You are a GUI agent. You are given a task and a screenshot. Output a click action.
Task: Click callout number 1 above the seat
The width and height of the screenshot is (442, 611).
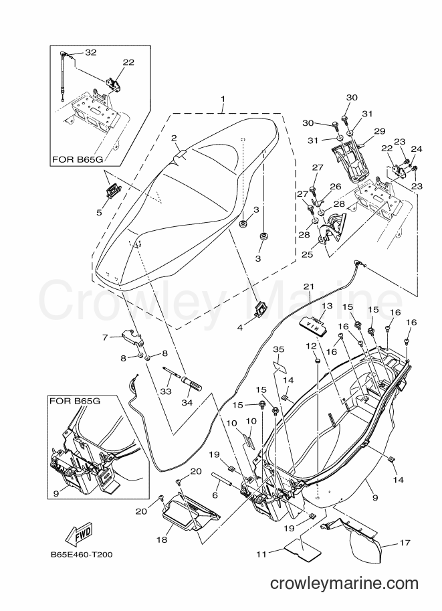[223, 99]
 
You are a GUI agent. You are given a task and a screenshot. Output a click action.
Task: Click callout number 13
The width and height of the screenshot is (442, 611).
[327, 305]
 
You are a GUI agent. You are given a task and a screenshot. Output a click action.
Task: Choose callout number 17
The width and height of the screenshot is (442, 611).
[405, 543]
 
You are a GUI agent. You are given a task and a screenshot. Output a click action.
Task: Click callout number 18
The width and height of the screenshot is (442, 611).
[162, 539]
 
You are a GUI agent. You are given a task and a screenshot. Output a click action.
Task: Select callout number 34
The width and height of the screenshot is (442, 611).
[187, 402]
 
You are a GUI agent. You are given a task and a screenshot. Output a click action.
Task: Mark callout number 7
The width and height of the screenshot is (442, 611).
[105, 337]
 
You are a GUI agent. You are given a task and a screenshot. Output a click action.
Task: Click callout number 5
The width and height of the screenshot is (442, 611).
[99, 212]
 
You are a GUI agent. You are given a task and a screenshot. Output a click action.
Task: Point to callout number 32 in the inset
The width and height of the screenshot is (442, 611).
[91, 52]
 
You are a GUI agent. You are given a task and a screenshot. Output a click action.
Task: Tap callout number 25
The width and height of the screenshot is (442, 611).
[307, 254]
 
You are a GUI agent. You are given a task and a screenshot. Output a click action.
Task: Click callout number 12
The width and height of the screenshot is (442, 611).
[311, 345]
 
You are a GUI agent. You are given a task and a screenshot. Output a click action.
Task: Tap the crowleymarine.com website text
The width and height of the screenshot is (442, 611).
[344, 584]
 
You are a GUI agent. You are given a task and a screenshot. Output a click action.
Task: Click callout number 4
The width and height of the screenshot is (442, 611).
[240, 328]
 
